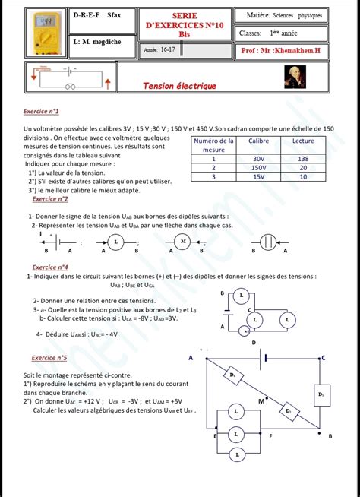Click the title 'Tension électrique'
pos(180,87)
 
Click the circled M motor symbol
pos(183,242)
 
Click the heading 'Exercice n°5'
pos(49,357)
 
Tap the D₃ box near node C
pos(321,394)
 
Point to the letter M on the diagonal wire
pos(261,400)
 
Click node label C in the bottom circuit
pos(324,357)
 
